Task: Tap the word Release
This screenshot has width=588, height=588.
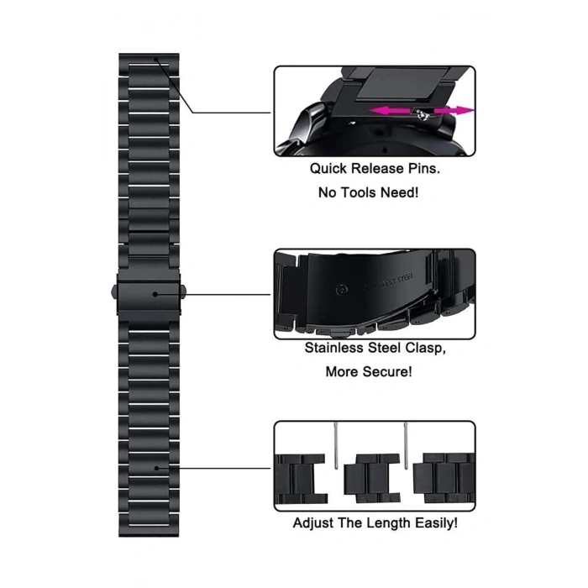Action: (x=377, y=168)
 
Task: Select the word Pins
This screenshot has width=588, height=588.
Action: (x=423, y=168)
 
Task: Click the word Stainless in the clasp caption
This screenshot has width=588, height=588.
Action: (x=333, y=348)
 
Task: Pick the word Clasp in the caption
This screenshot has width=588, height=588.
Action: (x=426, y=349)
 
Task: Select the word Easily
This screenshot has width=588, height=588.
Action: (x=436, y=523)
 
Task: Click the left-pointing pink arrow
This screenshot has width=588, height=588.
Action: (x=390, y=111)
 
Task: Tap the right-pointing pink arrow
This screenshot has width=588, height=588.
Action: (x=454, y=111)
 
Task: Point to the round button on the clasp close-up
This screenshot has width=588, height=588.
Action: (x=342, y=290)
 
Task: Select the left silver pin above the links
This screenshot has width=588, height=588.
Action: (x=336, y=445)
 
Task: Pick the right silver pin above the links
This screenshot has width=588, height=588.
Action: (x=406, y=445)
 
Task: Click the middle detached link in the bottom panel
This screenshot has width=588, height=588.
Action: (x=372, y=478)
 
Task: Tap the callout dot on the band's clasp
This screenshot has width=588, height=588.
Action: (x=155, y=294)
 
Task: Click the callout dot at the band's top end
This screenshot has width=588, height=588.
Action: (x=155, y=59)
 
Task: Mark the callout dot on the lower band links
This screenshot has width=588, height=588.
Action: (x=157, y=468)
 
